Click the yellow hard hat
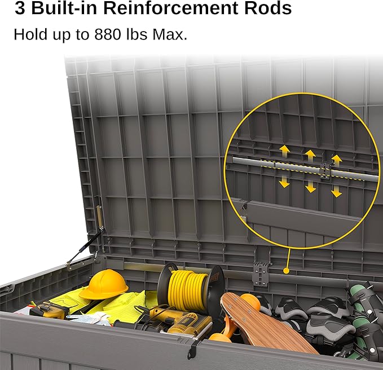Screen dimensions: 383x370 coord(104,284)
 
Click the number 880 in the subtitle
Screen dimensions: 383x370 coord(108,34)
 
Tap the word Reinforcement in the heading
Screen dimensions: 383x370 coord(170,8)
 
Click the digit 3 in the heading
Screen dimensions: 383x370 coord(20,8)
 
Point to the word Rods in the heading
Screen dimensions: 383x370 coord(268,8)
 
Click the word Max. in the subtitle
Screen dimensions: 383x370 coord(170,34)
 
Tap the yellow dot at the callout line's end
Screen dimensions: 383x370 coord(287,271)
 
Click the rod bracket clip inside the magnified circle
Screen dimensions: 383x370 coord(325,170)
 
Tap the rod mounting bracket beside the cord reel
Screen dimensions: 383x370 coord(261,274)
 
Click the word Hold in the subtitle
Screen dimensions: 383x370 coord(30,34)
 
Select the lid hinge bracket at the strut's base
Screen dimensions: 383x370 coord(71,265)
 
